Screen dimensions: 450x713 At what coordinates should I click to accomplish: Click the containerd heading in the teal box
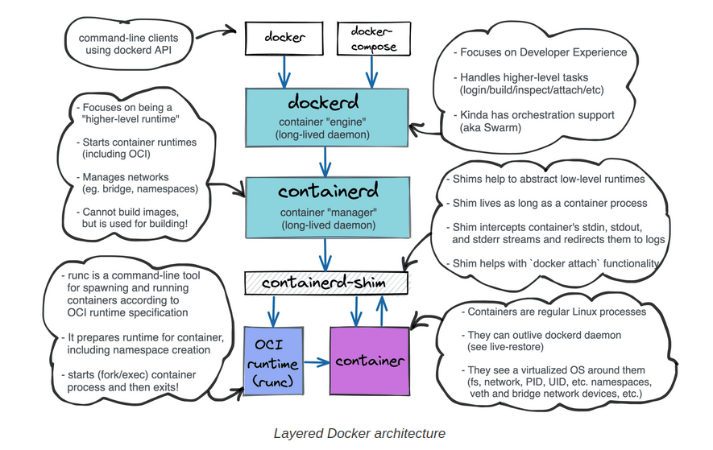click(325, 192)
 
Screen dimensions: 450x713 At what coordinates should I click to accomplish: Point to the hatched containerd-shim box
click(325, 283)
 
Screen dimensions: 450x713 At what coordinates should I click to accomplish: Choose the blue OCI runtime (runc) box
click(275, 361)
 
